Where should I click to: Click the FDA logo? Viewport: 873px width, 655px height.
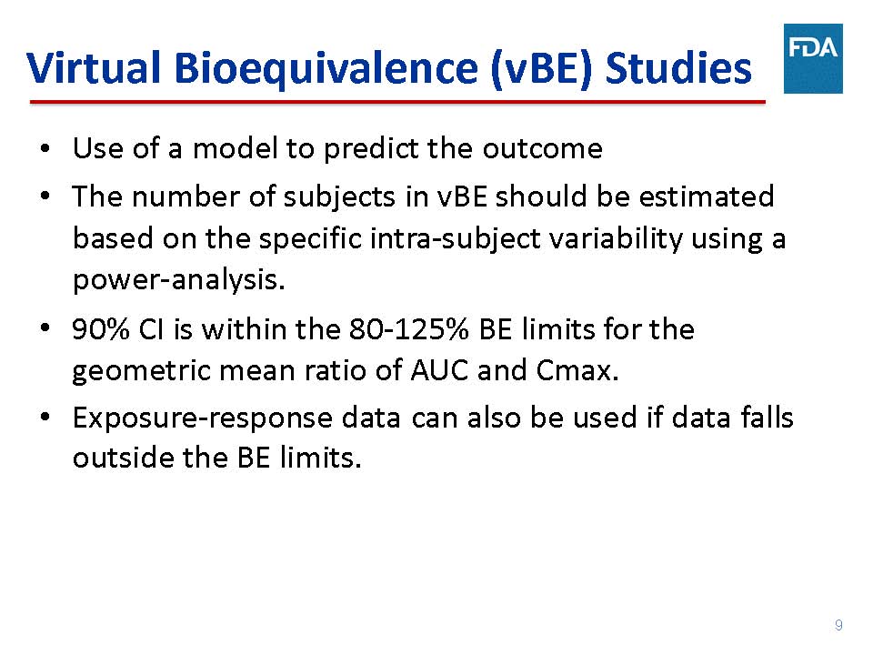[813, 58]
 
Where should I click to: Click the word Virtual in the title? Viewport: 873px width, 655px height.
[94, 68]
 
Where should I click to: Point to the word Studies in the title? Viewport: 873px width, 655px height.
[678, 68]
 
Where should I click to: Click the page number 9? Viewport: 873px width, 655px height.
[838, 625]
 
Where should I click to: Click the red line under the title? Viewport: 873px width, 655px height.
[397, 102]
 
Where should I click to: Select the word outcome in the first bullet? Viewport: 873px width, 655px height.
[542, 148]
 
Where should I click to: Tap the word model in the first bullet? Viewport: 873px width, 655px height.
[235, 148]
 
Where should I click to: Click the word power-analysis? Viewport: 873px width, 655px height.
[179, 279]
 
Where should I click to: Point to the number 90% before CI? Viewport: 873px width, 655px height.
[101, 329]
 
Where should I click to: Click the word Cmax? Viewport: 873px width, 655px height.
[577, 370]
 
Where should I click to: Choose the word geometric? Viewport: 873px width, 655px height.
[142, 371]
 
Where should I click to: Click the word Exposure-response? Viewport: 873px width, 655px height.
[203, 418]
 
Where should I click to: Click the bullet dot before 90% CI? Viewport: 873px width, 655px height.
[45, 327]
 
